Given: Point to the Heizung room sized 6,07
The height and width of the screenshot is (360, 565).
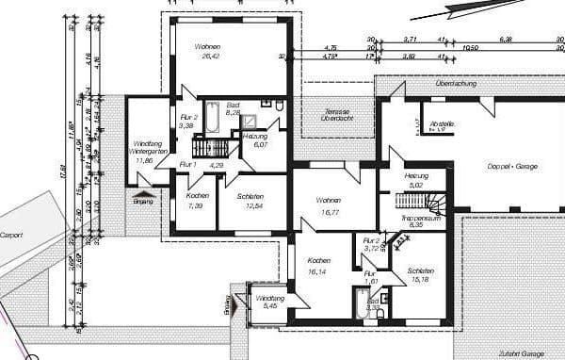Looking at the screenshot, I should [x=256, y=140].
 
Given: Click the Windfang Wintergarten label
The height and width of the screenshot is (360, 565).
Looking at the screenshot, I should [x=145, y=152].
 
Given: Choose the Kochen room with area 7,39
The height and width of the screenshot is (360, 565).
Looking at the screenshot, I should [x=196, y=201].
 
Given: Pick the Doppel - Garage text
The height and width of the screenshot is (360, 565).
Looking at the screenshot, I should [x=513, y=166].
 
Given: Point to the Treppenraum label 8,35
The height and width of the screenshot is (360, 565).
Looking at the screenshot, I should [x=415, y=221].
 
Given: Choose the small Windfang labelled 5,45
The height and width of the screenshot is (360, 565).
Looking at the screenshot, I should [x=270, y=303].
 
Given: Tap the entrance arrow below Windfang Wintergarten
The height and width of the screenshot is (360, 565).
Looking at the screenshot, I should [x=142, y=192].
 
